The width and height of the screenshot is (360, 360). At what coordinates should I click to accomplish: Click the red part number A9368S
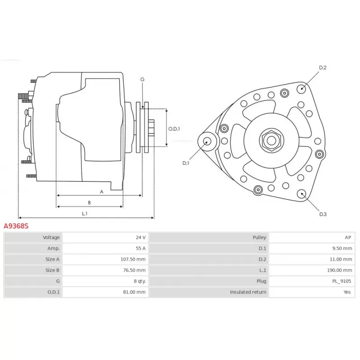coord(16,226)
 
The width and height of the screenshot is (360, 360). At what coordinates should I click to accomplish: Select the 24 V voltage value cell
coord(105,238)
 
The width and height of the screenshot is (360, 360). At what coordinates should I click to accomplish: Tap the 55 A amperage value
coord(140,248)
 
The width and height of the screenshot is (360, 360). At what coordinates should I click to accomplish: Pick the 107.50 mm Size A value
coord(133,259)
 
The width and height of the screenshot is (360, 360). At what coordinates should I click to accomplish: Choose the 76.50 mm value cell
coord(105,270)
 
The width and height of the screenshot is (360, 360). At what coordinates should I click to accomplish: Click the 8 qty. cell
coord(105,281)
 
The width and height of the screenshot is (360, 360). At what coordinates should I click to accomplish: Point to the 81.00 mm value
coord(134,292)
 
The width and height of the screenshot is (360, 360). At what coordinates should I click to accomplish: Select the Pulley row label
coord(259,238)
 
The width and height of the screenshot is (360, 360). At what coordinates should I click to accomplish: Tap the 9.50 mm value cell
coord(312,248)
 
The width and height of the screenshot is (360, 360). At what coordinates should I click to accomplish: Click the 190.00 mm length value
coord(339,270)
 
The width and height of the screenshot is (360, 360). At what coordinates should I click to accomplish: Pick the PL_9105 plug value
coord(342,281)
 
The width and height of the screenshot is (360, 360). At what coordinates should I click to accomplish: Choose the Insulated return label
coord(248,292)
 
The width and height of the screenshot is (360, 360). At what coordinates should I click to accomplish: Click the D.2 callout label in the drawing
coord(323,67)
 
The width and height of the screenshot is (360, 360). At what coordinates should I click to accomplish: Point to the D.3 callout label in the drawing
coord(323,214)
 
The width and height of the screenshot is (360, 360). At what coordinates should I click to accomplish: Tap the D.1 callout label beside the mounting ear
coord(185,163)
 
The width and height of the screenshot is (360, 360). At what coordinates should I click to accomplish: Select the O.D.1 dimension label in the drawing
coord(174,129)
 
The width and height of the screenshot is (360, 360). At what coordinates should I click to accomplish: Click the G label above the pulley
coord(142,80)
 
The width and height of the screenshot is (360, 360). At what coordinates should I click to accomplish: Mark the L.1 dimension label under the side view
coord(85,213)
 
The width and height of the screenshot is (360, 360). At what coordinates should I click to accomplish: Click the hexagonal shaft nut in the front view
coord(271,140)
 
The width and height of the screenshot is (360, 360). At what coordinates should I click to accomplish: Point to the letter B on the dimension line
coord(89,202)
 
